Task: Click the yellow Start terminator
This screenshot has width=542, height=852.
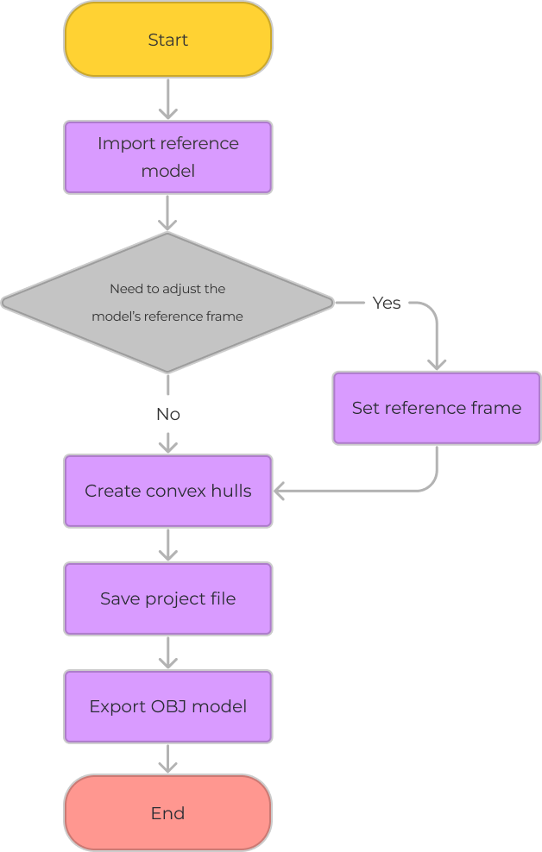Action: coord(168,40)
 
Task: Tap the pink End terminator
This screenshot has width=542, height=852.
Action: coord(168,813)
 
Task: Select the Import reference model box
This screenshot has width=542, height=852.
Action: coord(168,157)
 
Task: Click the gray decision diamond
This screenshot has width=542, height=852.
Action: coord(167,303)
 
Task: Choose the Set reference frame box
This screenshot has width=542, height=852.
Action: coord(437,408)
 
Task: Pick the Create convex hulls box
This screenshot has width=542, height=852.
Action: coord(168,491)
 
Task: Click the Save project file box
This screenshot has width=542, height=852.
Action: coord(168,598)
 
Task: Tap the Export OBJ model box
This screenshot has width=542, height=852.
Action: coord(168,706)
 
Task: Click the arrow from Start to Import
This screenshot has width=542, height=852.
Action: coord(168,99)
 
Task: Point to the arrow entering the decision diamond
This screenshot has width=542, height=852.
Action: coord(168,213)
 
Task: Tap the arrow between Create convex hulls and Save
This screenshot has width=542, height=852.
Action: coord(168,545)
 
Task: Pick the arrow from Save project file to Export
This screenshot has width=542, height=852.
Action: coord(168,653)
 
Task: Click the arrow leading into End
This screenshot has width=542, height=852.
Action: coord(168,759)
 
